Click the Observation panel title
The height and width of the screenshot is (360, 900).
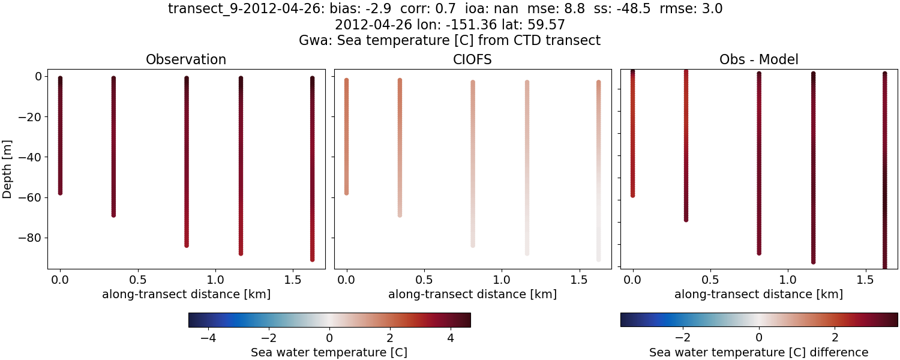186,60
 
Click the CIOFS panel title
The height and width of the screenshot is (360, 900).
472,60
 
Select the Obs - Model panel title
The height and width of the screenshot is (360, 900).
758,60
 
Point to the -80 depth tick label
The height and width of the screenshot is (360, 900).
29,238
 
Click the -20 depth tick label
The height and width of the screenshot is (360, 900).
29,116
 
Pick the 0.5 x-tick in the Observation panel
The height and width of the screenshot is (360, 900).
137,280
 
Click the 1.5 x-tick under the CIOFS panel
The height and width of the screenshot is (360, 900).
578,280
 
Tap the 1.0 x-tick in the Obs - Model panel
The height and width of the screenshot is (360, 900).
788,280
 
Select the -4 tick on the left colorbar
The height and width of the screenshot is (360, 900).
208,337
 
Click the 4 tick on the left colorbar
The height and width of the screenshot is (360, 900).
450,337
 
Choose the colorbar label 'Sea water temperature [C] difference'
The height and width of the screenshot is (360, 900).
758,352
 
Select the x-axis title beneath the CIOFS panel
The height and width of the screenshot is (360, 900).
472,295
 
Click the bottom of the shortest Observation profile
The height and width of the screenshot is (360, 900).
60,193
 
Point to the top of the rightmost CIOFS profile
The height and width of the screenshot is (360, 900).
598,82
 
